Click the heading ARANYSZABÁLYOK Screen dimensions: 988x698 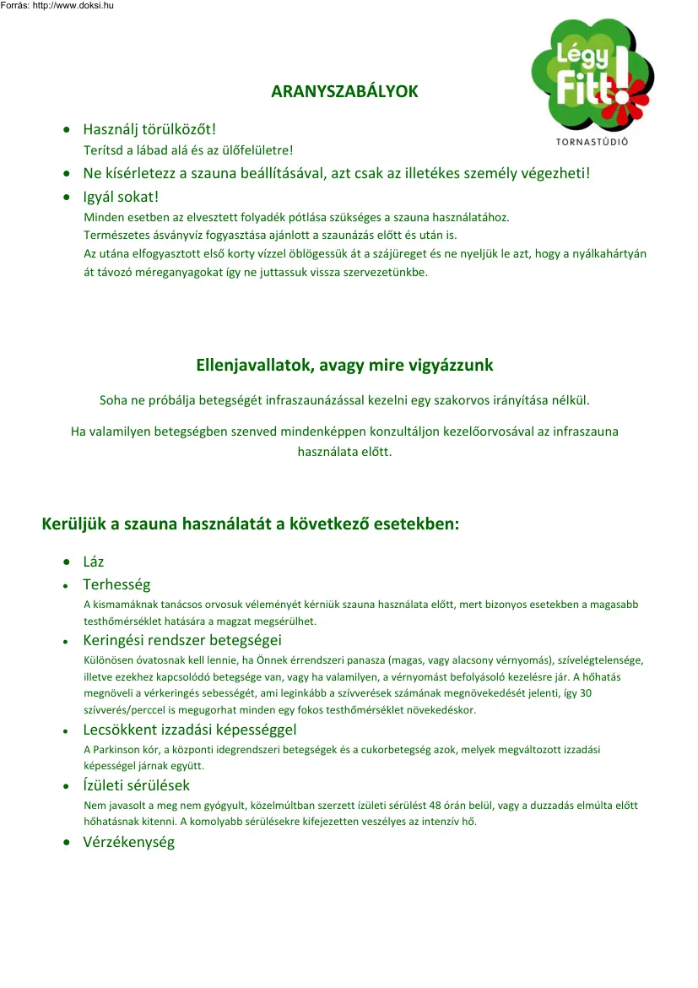click(x=344, y=91)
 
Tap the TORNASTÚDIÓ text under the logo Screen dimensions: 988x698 click(x=592, y=141)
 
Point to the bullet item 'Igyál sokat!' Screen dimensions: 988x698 click(x=121, y=197)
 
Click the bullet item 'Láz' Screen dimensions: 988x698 click(x=93, y=562)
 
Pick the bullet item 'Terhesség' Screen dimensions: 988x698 click(x=116, y=584)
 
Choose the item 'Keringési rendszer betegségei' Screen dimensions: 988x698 click(x=181, y=640)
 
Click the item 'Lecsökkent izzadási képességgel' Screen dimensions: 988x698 click(x=189, y=730)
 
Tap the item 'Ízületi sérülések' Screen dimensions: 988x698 click(x=136, y=785)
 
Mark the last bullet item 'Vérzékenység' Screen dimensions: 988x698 click(x=128, y=842)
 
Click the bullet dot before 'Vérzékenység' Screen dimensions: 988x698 click(x=66, y=843)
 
